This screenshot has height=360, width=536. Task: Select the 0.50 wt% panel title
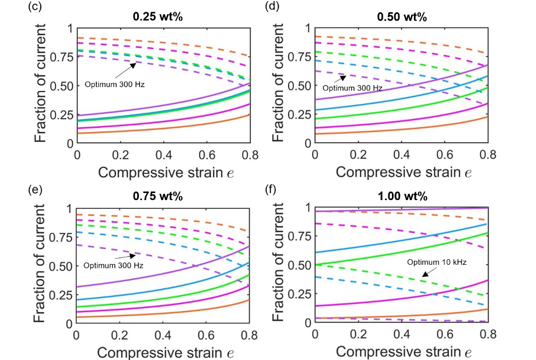(x=402, y=17)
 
